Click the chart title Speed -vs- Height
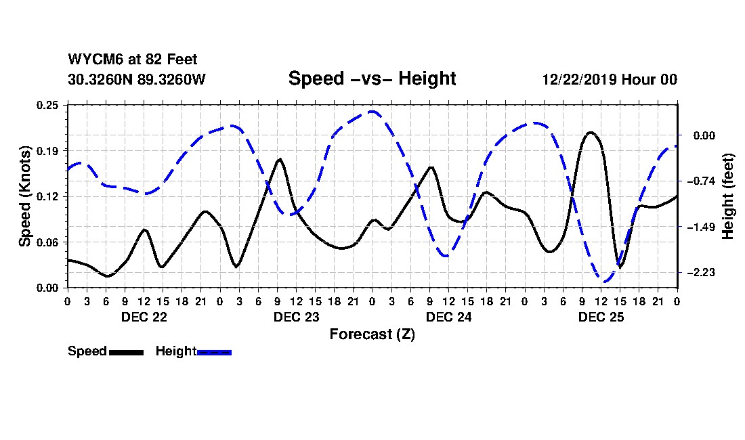point(372,79)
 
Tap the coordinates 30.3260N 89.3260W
point(136,79)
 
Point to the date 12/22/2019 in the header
point(578,79)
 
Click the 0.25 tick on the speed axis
point(49,104)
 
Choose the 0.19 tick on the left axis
point(49,150)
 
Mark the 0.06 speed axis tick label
point(49,242)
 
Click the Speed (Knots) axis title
point(24,196)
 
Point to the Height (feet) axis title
point(729,196)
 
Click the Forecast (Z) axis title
point(372,334)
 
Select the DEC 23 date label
point(296,316)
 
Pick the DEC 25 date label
point(601,316)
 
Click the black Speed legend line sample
point(126,352)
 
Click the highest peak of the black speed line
point(591,133)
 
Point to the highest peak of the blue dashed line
point(372,112)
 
